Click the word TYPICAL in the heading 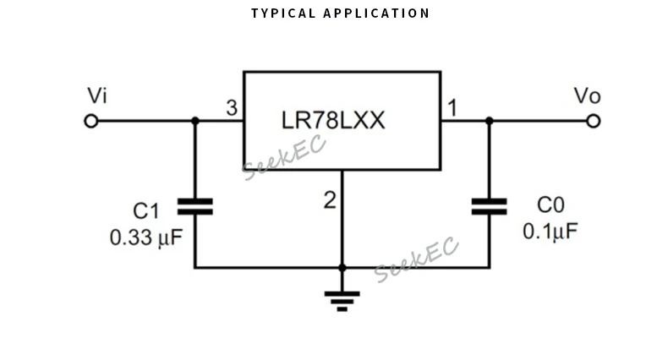283,14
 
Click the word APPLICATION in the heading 376,14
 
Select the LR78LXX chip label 333,121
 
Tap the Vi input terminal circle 91,121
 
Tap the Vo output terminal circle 593,121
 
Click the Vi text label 97,95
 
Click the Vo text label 587,95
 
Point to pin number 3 231,108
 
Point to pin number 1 452,108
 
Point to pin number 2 330,200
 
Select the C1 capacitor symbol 194,207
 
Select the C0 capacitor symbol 489,206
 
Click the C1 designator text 145,210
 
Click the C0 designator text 550,205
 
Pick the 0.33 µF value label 146,237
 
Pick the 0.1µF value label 550,232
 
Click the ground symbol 342,299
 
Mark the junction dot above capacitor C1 194,121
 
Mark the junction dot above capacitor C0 489,121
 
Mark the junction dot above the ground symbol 342,268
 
